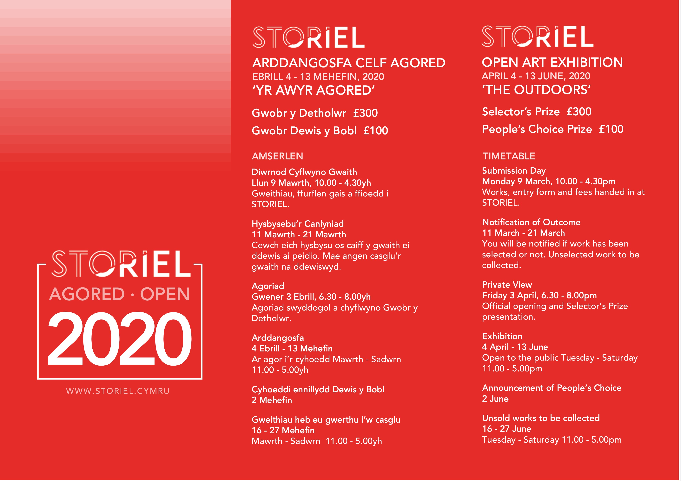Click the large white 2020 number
120,339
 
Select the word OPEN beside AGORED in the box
165,294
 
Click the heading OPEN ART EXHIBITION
552,62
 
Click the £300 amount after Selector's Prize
579,112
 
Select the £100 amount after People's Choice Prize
611,129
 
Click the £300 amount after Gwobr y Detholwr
365,113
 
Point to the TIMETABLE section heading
509,156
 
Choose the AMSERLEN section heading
277,156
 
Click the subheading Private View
507,285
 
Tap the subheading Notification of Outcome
531,222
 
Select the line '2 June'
495,399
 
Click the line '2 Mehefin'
272,400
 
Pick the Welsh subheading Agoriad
268,286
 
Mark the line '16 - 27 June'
507,429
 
